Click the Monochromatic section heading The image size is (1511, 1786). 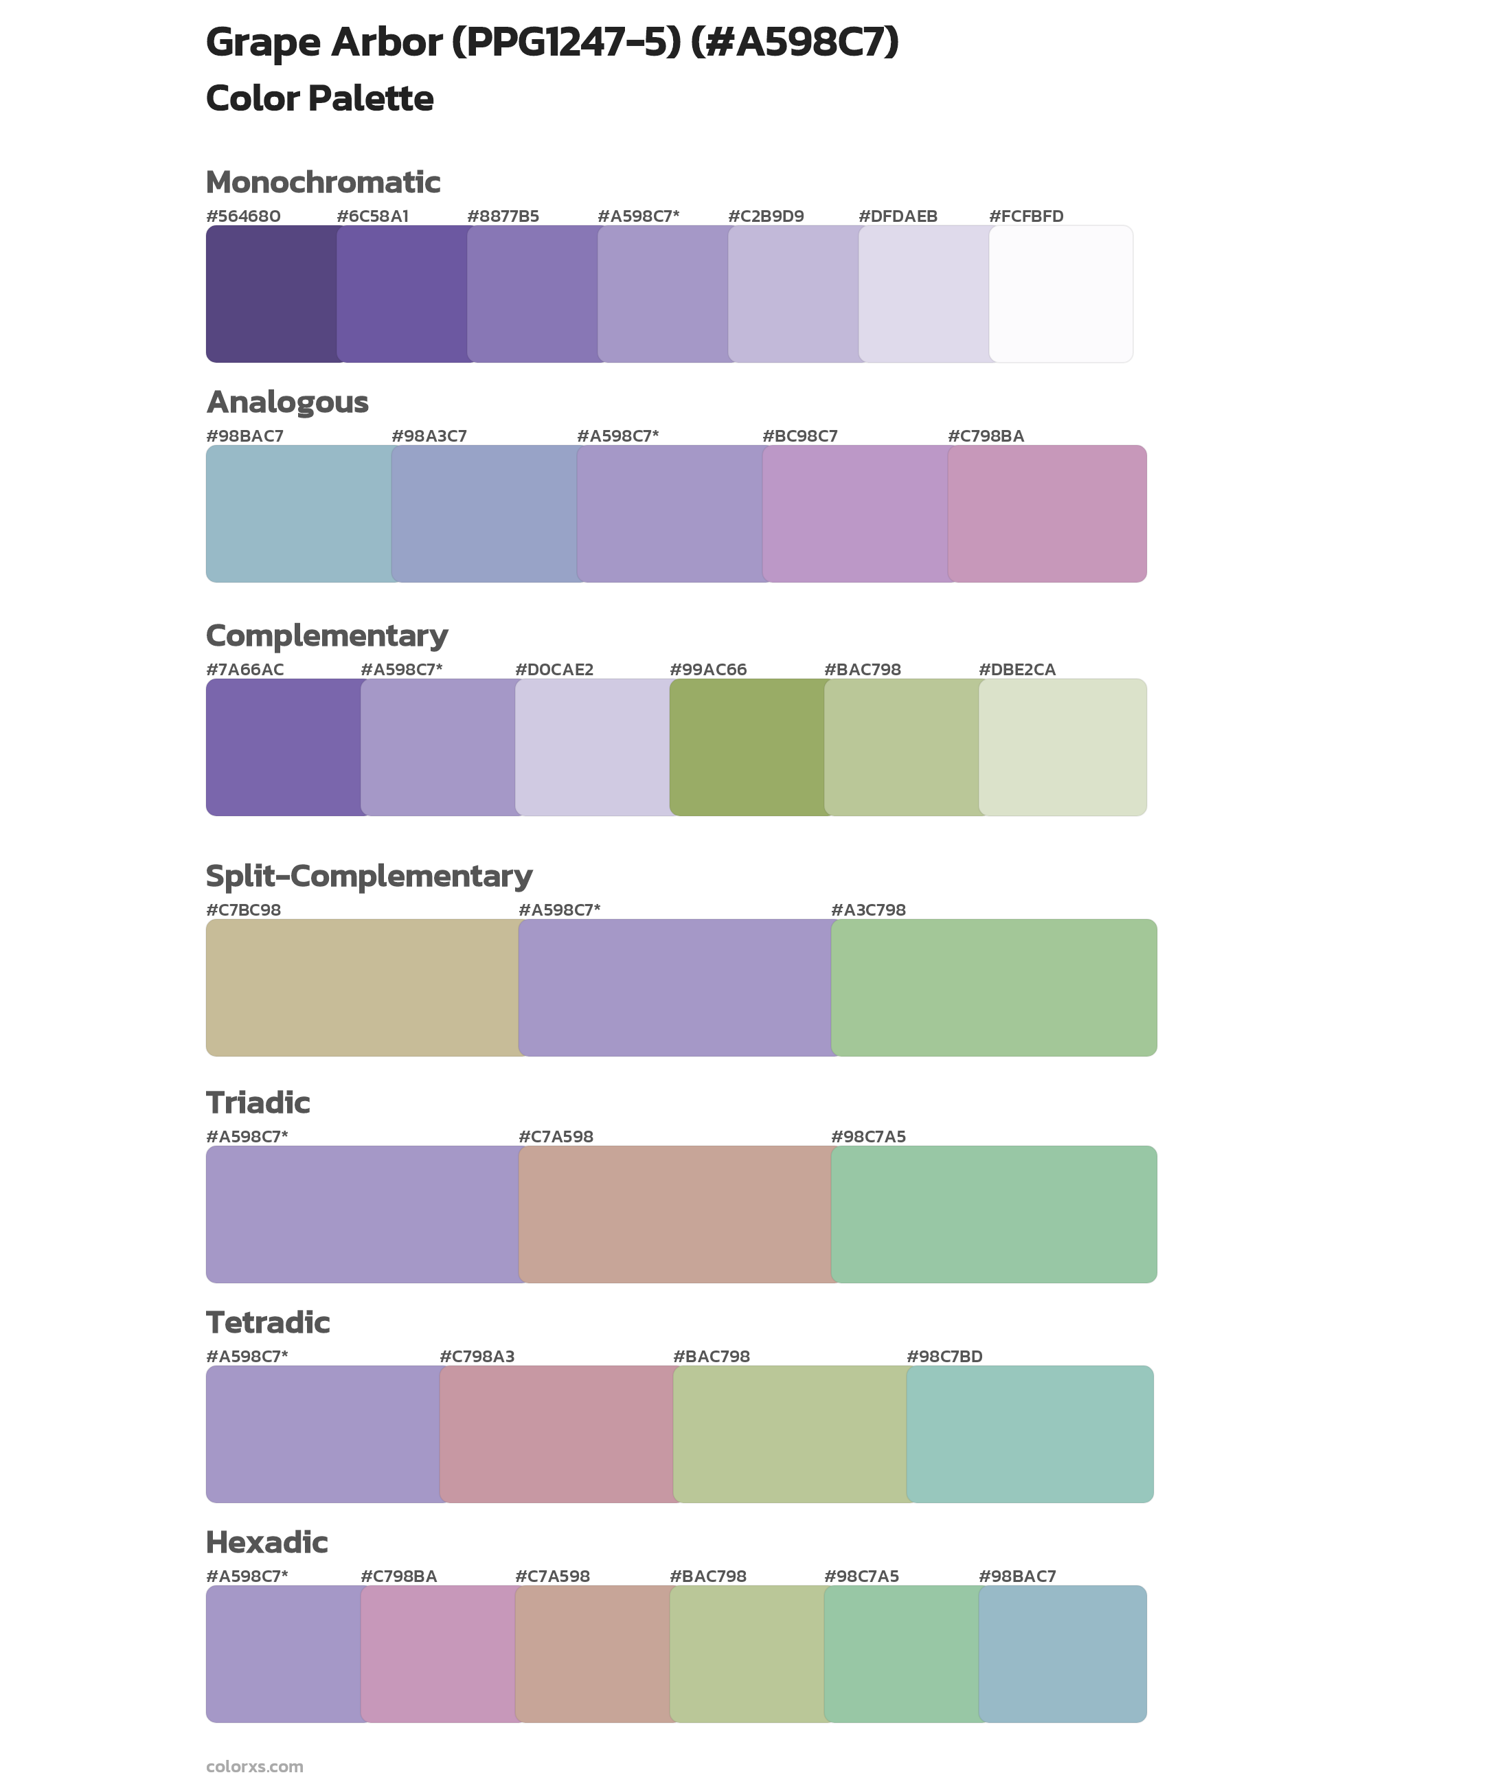point(323,183)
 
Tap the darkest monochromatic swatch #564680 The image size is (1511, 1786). point(271,294)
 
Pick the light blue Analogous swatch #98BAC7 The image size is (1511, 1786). point(298,513)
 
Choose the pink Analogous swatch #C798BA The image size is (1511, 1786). point(1047,513)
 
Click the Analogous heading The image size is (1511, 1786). point(287,402)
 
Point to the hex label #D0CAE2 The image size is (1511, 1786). point(554,669)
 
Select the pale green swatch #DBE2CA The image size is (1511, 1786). point(1062,747)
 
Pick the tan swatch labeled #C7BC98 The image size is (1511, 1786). point(361,987)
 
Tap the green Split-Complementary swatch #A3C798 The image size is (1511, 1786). point(994,987)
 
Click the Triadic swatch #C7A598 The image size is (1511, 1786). point(674,1214)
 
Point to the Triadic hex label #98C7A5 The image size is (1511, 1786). point(867,1137)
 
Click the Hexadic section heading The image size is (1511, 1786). point(266,1542)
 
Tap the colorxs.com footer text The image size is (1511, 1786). point(254,1766)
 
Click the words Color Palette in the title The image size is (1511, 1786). point(319,98)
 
